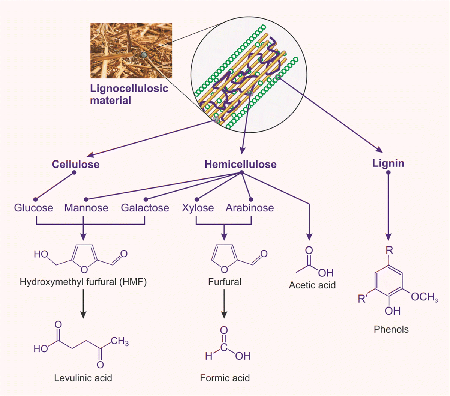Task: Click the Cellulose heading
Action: (x=76, y=164)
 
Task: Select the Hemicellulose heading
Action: (x=240, y=164)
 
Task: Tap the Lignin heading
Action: (x=388, y=163)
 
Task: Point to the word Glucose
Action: (x=34, y=208)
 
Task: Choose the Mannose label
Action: (x=86, y=208)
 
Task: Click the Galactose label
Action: (x=145, y=208)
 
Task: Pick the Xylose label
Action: (x=198, y=208)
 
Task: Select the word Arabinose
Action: (x=250, y=208)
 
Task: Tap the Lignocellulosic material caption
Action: (x=129, y=94)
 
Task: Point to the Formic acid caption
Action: (x=225, y=377)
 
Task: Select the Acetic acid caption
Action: (x=312, y=285)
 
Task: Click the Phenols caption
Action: (x=391, y=329)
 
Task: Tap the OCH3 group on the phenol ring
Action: (x=424, y=297)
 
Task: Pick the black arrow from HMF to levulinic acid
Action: (x=83, y=304)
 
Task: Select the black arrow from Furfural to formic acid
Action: (x=224, y=304)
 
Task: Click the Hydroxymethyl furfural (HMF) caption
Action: (x=83, y=282)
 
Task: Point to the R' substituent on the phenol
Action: (x=364, y=299)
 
